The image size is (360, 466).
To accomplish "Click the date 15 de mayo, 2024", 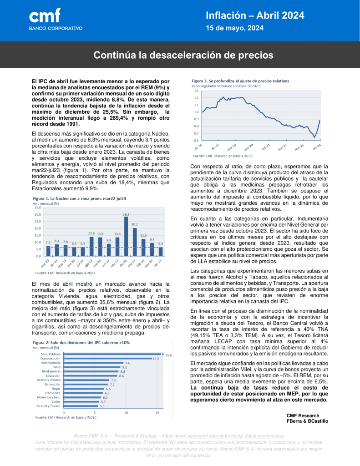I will point(234,28).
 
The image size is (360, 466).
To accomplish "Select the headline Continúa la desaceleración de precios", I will point(183,56).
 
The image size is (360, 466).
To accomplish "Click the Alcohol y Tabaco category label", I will point(48,406).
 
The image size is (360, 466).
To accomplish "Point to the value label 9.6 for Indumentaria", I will point(128,363).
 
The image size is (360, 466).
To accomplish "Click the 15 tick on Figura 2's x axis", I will point(157,412).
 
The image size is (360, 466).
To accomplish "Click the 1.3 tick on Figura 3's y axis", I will point(196,91).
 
